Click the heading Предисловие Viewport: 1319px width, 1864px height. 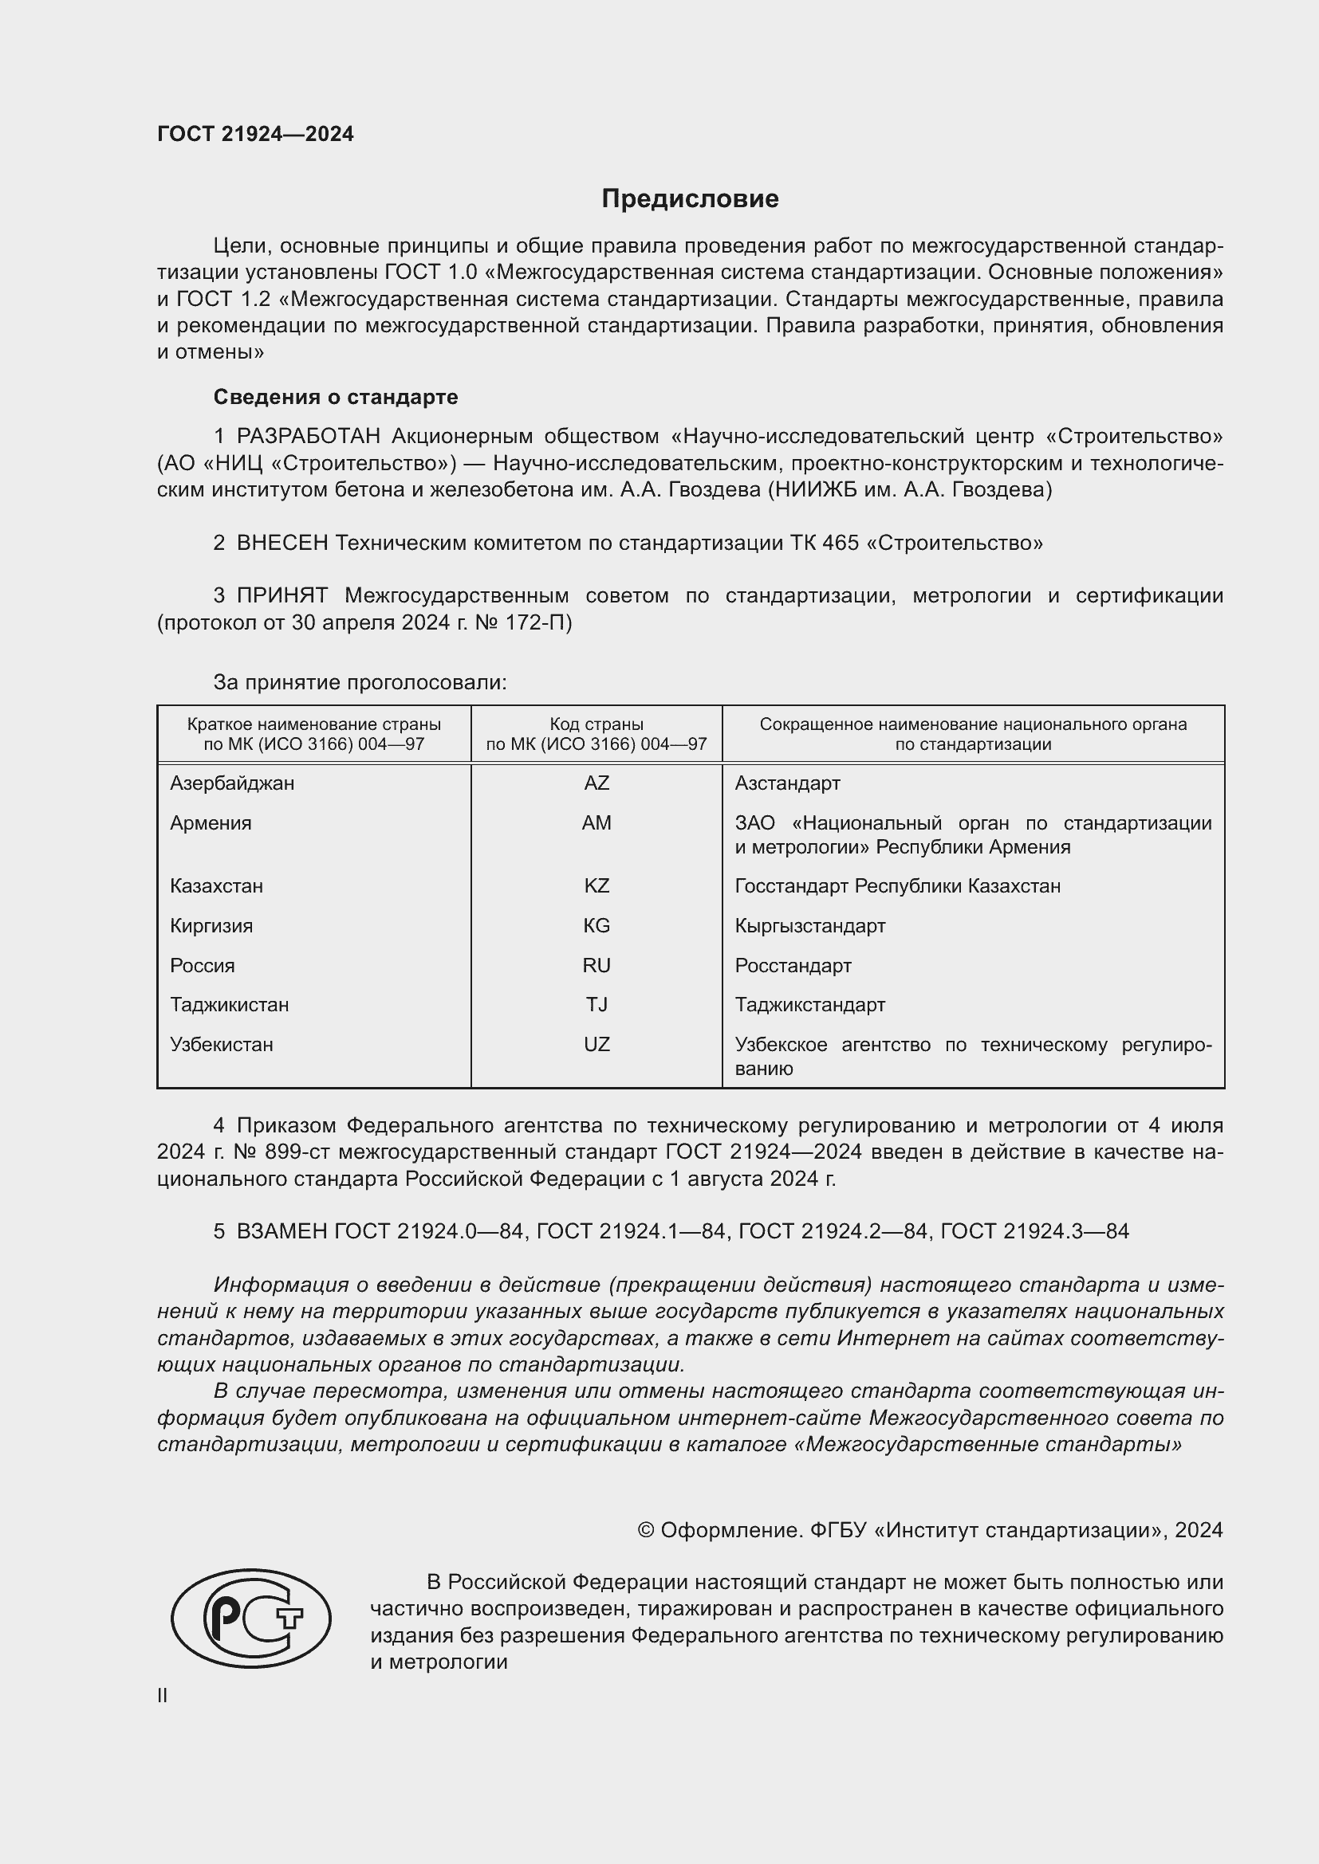click(690, 199)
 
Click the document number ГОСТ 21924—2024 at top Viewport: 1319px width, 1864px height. click(255, 134)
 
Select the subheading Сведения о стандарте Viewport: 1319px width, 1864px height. click(336, 397)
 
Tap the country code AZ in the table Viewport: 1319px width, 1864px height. click(597, 783)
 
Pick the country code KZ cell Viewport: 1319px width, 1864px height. click(597, 885)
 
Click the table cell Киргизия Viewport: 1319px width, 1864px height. click(211, 925)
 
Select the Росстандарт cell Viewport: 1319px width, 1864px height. click(793, 965)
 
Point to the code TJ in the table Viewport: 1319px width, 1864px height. click(597, 1004)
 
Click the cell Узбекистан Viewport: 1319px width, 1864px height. click(222, 1044)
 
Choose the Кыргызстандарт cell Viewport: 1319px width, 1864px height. click(809, 925)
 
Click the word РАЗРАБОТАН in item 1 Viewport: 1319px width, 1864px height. click(309, 437)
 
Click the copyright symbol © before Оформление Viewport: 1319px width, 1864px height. click(646, 1530)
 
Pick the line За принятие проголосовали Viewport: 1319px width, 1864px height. click(360, 682)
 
